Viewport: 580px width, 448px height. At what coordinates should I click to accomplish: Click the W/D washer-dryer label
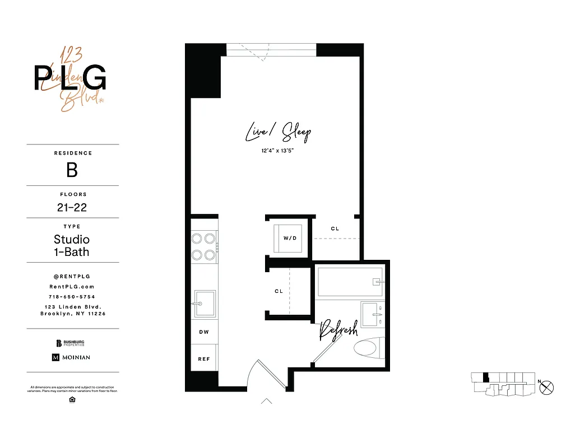click(289, 238)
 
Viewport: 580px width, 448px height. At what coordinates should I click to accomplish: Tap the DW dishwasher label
click(204, 332)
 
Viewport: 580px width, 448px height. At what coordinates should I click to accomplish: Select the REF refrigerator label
click(204, 359)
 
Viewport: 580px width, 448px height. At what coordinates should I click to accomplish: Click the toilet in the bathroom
click(368, 348)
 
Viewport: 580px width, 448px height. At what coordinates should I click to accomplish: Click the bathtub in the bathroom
click(350, 281)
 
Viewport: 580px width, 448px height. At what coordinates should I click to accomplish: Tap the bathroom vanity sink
click(371, 314)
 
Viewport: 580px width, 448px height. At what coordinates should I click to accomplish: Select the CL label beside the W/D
click(335, 228)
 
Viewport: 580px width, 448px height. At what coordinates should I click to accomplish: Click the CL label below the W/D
click(279, 292)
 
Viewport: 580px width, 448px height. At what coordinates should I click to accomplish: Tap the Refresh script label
click(338, 331)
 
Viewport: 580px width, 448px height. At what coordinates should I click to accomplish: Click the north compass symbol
click(547, 386)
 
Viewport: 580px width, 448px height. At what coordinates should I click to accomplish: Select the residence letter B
click(72, 170)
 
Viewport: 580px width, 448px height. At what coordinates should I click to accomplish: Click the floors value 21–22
click(72, 207)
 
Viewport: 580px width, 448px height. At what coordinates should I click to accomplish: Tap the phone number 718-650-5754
click(72, 297)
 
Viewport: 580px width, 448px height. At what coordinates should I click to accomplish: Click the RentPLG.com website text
click(72, 286)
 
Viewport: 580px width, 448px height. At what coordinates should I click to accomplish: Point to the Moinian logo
click(71, 357)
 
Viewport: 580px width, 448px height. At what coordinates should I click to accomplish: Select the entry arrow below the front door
click(267, 401)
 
